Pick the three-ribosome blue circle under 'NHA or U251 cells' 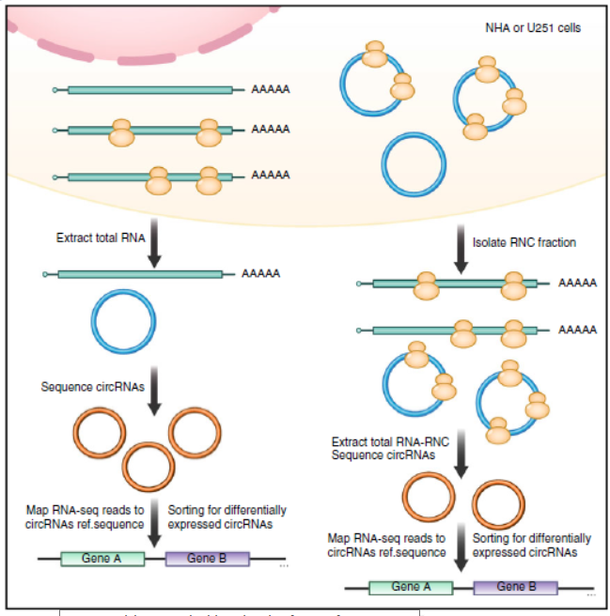pyautogui.click(x=488, y=98)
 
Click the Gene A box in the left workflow pyautogui.click(x=102, y=559)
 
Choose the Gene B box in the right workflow pyautogui.click(x=516, y=587)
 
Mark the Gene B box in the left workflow pyautogui.click(x=208, y=559)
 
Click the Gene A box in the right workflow pyautogui.click(x=411, y=587)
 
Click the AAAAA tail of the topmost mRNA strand pyautogui.click(x=271, y=90)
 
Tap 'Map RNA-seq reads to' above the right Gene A pyautogui.click(x=386, y=539)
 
